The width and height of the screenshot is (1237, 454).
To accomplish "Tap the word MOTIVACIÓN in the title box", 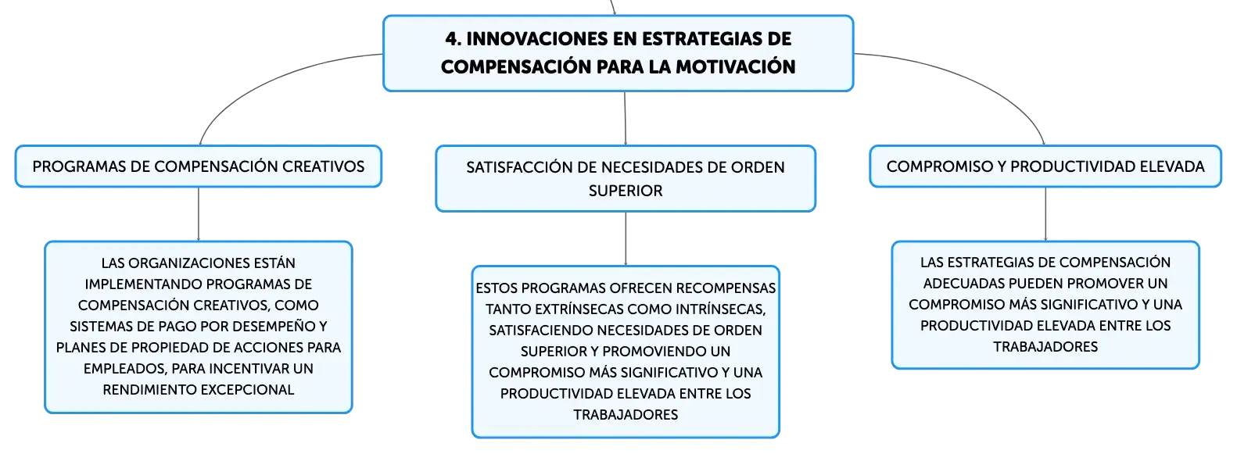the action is (736, 66).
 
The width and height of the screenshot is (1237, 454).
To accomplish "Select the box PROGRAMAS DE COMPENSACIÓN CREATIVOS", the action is (199, 166).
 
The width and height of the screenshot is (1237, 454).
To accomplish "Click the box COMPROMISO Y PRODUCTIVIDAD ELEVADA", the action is (1045, 166).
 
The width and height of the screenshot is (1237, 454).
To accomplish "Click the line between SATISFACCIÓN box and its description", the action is (626, 239).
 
